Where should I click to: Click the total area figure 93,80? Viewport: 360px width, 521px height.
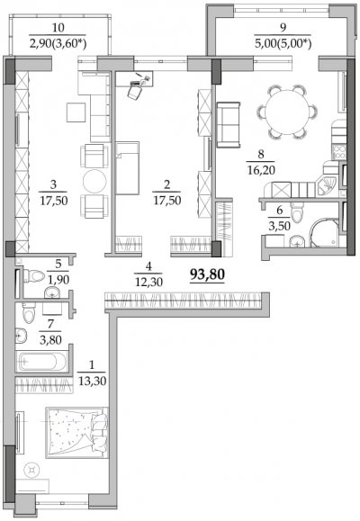207,274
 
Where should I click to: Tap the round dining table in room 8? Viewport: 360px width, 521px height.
286,112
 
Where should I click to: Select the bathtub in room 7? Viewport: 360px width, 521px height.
38,361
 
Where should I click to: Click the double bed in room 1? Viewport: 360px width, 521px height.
77,433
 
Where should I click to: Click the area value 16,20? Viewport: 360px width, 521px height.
261,170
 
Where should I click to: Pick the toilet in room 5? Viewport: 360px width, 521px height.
33,275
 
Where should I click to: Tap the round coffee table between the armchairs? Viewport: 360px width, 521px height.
94,181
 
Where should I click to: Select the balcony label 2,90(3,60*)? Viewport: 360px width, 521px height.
58,44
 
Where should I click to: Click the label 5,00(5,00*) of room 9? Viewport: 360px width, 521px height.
283,44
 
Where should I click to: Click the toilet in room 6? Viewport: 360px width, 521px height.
297,212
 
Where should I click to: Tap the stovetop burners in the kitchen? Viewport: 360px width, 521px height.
338,152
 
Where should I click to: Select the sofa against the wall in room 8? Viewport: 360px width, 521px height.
228,124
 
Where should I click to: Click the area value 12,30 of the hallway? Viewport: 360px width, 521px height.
148,283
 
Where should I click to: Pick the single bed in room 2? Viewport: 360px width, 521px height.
127,167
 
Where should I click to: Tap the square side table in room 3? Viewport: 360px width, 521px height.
76,112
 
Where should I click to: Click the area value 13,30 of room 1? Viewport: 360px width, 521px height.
92,381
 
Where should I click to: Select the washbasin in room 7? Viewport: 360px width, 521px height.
21,336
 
